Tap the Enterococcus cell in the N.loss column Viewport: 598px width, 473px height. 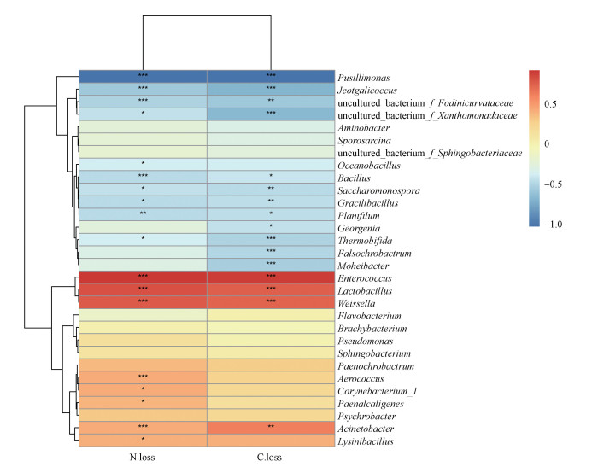click(143, 277)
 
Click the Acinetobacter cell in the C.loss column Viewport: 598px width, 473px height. click(270, 428)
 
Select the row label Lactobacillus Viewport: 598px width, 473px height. click(369, 290)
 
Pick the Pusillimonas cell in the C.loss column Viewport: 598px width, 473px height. click(270, 76)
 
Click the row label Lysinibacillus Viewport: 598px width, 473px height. click(370, 441)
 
